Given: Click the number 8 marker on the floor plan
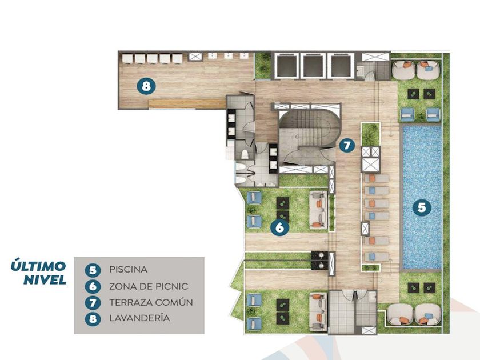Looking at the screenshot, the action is tap(146, 86).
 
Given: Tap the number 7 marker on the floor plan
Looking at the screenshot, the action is tap(347, 145).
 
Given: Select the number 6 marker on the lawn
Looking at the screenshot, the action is tap(279, 227).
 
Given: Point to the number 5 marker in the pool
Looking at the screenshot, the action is tap(422, 207).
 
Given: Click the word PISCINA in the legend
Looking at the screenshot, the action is tap(128, 269).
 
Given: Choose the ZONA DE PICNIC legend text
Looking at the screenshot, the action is tap(149, 286).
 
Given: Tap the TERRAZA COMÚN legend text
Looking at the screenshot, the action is tap(151, 302).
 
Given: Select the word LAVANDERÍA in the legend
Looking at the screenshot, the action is tap(139, 318).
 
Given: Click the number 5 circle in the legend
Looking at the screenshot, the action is tap(93, 270).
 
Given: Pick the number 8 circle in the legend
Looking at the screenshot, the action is tap(93, 319).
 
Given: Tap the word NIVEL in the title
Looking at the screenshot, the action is tap(45, 279).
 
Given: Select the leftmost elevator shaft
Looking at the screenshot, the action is tap(286, 66).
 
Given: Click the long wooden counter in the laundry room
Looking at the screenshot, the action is tap(187, 104).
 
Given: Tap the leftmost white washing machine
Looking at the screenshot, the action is tap(127, 58).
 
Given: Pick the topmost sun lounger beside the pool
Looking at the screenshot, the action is tap(377, 178).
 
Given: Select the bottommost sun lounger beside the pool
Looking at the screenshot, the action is tap(377, 257).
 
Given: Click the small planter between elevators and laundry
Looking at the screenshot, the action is tap(263, 65).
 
